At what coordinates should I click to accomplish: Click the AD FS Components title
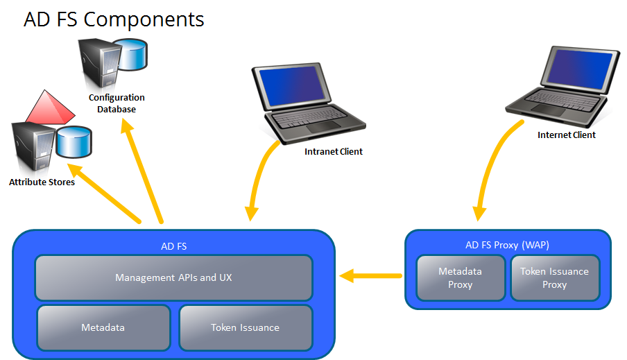click(x=114, y=19)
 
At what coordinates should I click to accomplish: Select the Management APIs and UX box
click(x=173, y=277)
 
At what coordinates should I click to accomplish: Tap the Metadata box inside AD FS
click(x=103, y=327)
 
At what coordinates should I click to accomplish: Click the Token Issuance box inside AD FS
click(x=246, y=327)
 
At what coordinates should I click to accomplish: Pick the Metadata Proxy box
click(x=461, y=278)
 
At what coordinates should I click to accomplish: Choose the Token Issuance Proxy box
click(x=555, y=278)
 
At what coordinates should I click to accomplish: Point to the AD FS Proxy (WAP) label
click(x=507, y=245)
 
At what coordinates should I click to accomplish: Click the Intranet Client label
click(x=334, y=152)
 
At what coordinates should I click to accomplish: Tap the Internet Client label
click(x=567, y=135)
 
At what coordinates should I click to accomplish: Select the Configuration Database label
click(x=117, y=103)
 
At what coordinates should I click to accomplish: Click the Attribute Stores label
click(x=42, y=182)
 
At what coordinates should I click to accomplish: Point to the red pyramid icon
click(x=49, y=108)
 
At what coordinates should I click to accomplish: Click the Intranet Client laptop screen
click(x=293, y=85)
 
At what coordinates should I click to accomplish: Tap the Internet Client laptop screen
click(x=579, y=68)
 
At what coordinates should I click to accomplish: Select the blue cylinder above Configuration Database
click(x=131, y=55)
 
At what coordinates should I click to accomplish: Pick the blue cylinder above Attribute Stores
click(x=74, y=142)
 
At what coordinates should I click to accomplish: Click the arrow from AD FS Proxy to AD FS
click(x=370, y=275)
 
